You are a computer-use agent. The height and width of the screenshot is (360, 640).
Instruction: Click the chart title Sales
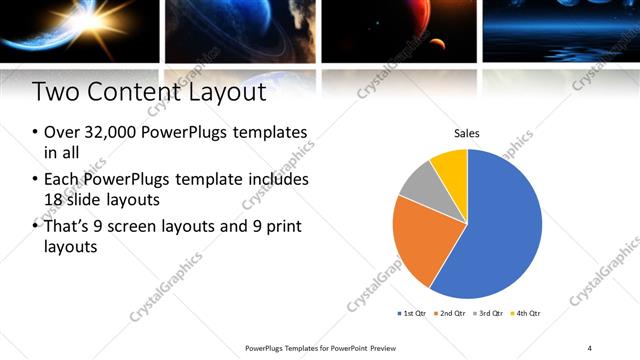[x=467, y=132]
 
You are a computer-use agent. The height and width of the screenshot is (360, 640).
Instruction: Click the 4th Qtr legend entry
[x=527, y=313]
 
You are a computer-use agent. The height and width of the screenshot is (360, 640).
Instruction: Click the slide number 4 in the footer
[x=589, y=348]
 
